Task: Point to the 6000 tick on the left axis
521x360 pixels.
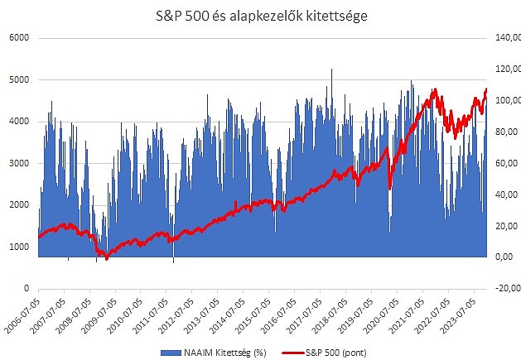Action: pos(19,38)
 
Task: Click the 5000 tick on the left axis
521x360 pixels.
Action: pos(19,79)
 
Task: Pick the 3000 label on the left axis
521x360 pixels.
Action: pos(19,163)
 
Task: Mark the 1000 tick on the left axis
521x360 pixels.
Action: pos(19,247)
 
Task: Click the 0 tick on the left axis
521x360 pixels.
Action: pos(26,288)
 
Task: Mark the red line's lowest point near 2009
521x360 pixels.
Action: pos(106,259)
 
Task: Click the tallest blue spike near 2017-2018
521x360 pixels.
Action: pos(331,70)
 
